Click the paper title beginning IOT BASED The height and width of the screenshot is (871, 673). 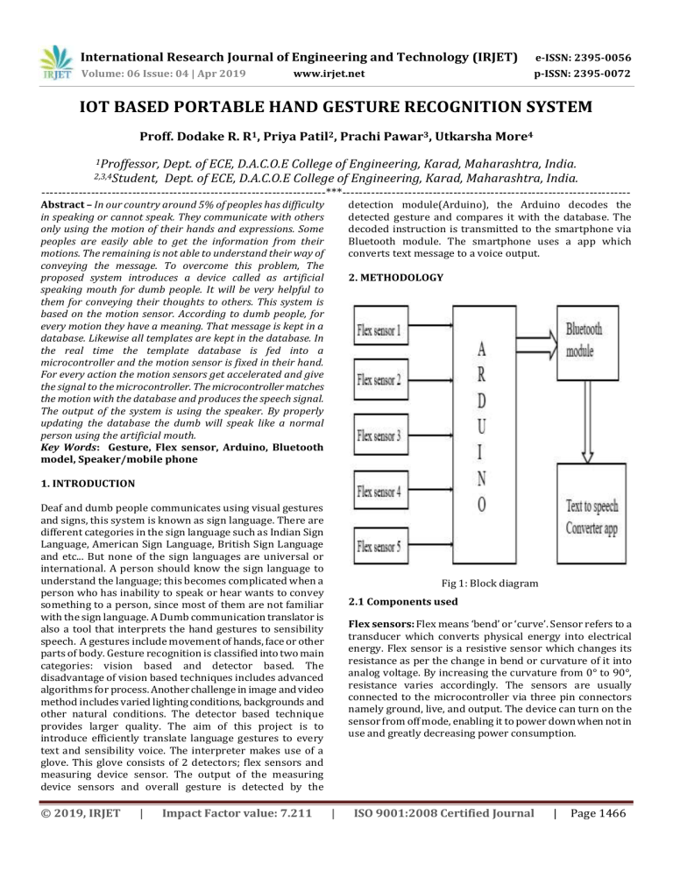[336, 110]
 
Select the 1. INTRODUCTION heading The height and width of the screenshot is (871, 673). [88, 483]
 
